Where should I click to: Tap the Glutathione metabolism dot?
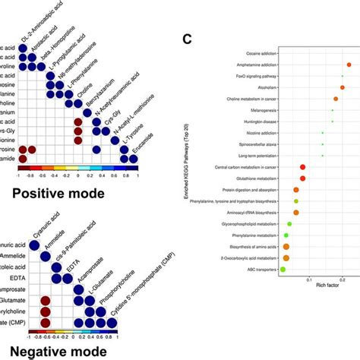click(x=302, y=178)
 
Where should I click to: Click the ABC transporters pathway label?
click(x=258, y=269)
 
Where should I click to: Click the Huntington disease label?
click(x=254, y=122)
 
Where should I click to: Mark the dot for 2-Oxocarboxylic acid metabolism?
click(x=286, y=257)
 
